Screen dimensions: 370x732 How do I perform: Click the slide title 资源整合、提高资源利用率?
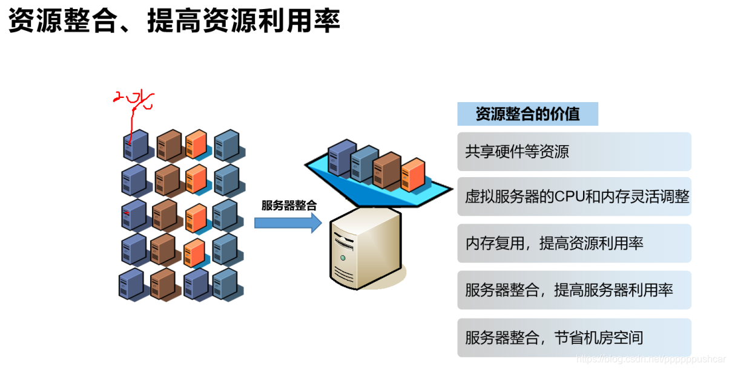[174, 20]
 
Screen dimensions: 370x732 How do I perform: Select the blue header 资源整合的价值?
[527, 114]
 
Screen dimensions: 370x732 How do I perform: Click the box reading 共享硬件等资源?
[574, 151]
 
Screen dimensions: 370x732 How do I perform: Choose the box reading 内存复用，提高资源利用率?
[574, 243]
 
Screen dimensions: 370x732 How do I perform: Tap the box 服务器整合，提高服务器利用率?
[574, 290]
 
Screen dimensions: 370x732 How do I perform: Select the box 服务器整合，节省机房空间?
[574, 337]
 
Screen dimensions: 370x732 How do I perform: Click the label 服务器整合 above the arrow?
[289, 205]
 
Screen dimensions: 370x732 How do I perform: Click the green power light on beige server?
[343, 258]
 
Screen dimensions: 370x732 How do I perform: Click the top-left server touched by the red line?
[136, 146]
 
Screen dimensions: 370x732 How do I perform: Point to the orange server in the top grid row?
[196, 144]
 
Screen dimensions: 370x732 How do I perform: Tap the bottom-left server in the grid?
[131, 285]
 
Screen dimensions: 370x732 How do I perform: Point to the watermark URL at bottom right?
[650, 359]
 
